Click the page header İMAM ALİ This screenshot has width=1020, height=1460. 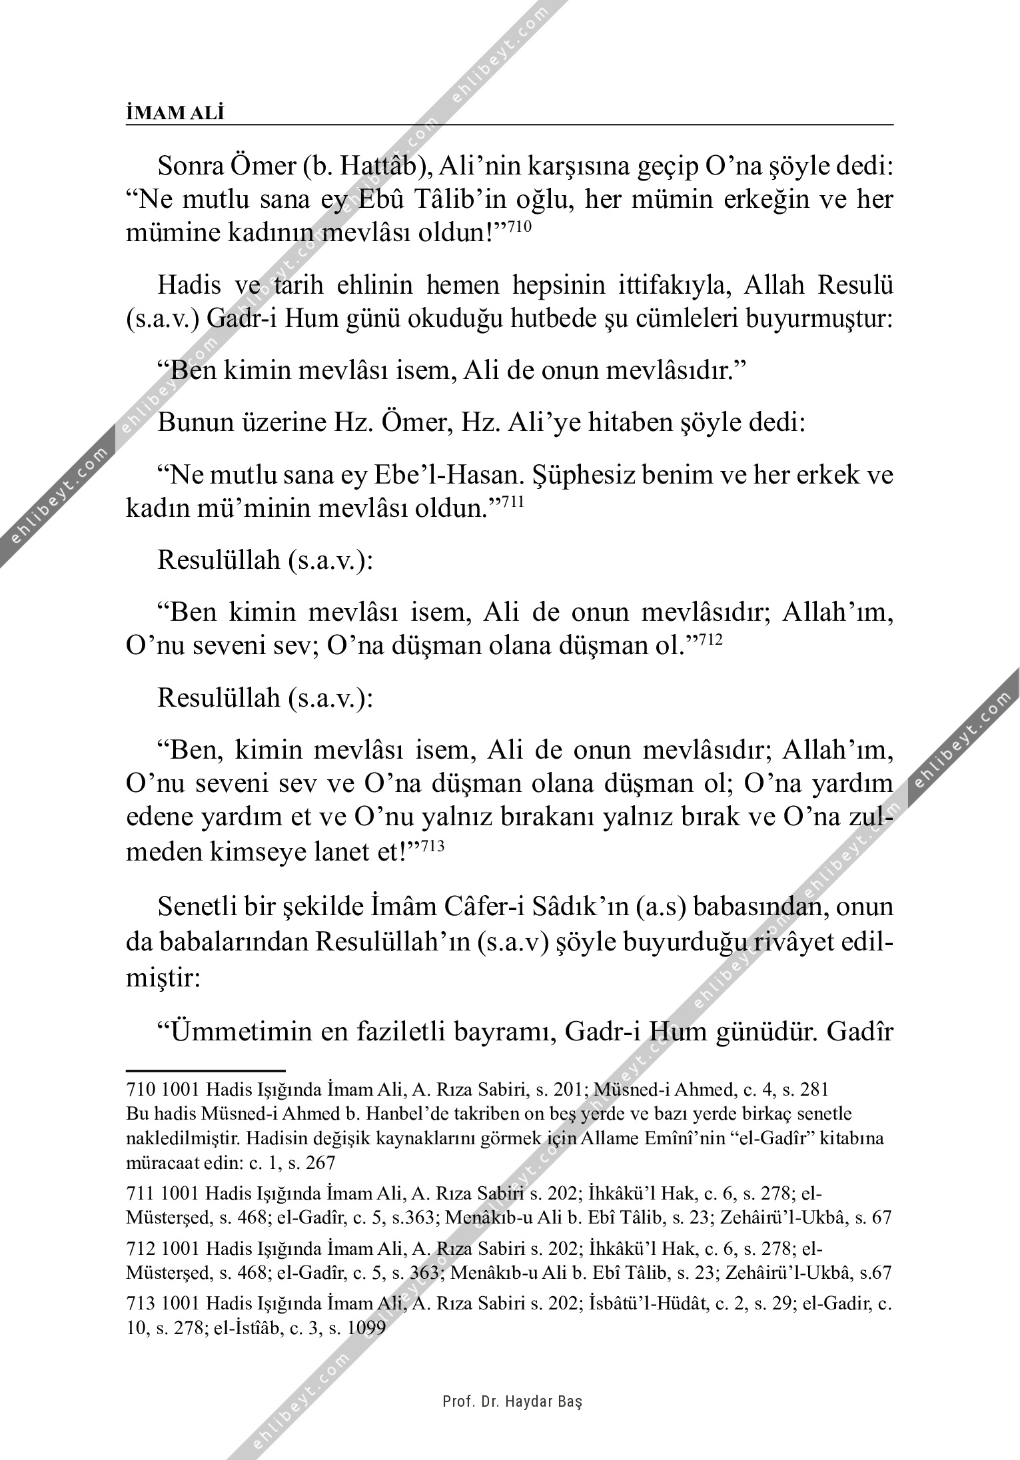tap(175, 113)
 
